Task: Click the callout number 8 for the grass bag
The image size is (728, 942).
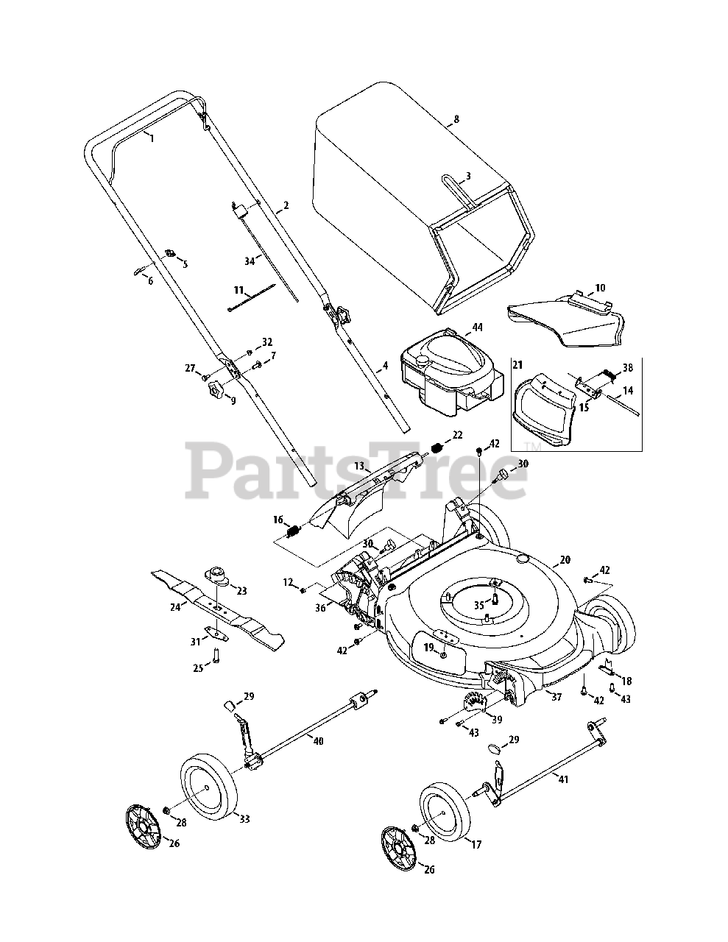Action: pos(456,118)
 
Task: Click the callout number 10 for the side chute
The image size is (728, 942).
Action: pos(600,288)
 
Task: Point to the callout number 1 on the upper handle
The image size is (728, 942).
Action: pos(152,138)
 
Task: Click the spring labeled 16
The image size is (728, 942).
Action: pos(294,531)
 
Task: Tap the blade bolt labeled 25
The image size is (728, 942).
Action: pos(216,654)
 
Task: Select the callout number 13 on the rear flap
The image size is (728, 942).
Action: pos(359,467)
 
